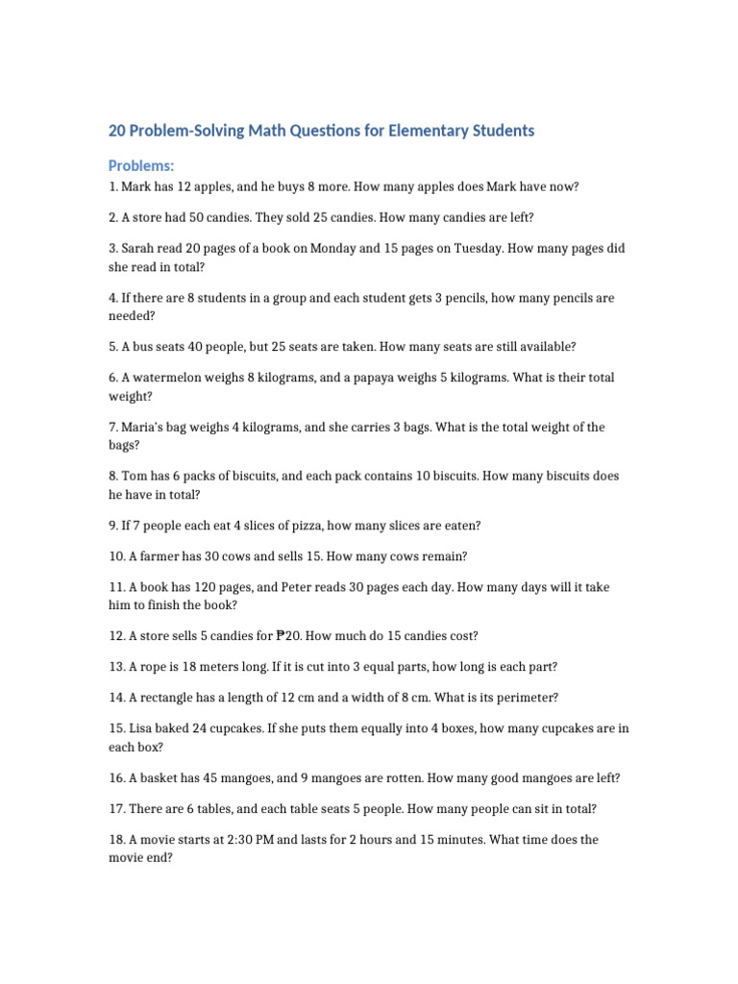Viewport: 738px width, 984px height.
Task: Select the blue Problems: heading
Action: click(x=141, y=166)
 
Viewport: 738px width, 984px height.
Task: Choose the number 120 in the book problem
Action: click(x=203, y=586)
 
